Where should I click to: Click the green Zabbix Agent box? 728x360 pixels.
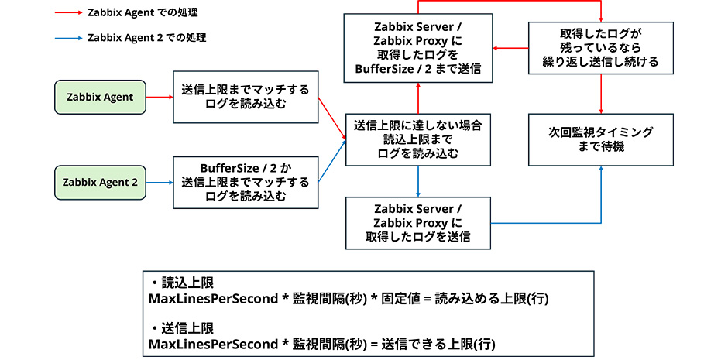pyautogui.click(x=99, y=97)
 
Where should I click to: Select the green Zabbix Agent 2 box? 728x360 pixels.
pyautogui.click(x=99, y=183)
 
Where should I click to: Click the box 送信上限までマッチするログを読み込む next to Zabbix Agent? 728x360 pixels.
pyautogui.click(x=246, y=97)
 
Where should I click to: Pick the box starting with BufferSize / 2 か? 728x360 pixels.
pyautogui.click(x=246, y=182)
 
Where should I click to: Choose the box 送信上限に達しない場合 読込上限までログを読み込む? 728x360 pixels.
pyautogui.click(x=418, y=139)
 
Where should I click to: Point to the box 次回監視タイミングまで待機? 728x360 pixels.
pyautogui.click(x=603, y=140)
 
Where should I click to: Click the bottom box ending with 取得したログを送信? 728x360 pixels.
pyautogui.click(x=418, y=223)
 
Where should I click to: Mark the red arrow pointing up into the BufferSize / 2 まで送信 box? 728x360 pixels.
pyautogui.click(x=418, y=97)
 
